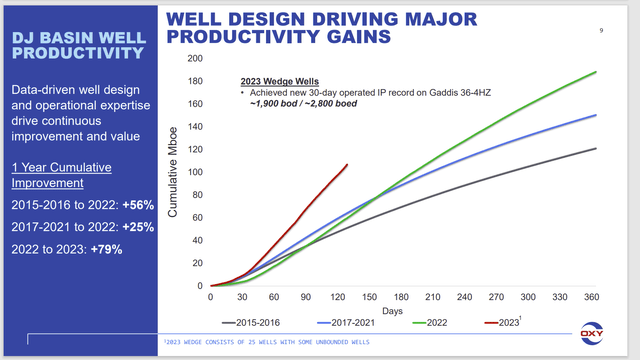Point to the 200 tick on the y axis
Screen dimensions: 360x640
click(x=196, y=58)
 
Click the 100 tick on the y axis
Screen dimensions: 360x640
click(x=196, y=172)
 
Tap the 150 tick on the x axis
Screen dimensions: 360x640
click(x=371, y=297)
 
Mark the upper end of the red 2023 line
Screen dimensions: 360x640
click(x=347, y=165)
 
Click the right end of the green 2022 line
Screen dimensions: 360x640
click(x=597, y=72)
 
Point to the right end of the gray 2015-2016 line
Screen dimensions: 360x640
click(x=597, y=148)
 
